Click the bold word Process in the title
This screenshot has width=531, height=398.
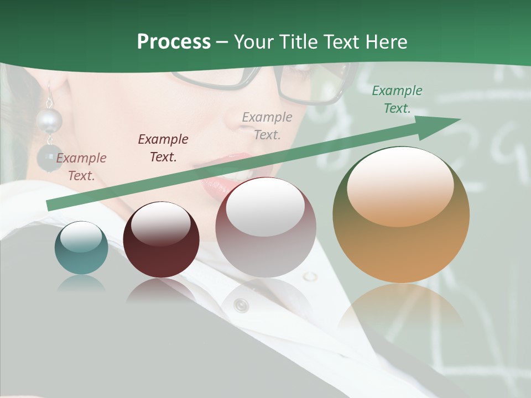(174, 42)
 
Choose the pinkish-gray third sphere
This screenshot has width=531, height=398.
(265, 227)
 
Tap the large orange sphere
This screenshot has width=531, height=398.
(401, 215)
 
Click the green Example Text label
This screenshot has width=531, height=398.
(397, 99)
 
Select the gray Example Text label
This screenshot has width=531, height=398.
(267, 125)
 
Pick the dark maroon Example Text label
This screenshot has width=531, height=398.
(163, 148)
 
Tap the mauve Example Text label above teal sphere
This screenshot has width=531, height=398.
(81, 166)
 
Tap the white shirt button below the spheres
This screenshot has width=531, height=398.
(241, 305)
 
